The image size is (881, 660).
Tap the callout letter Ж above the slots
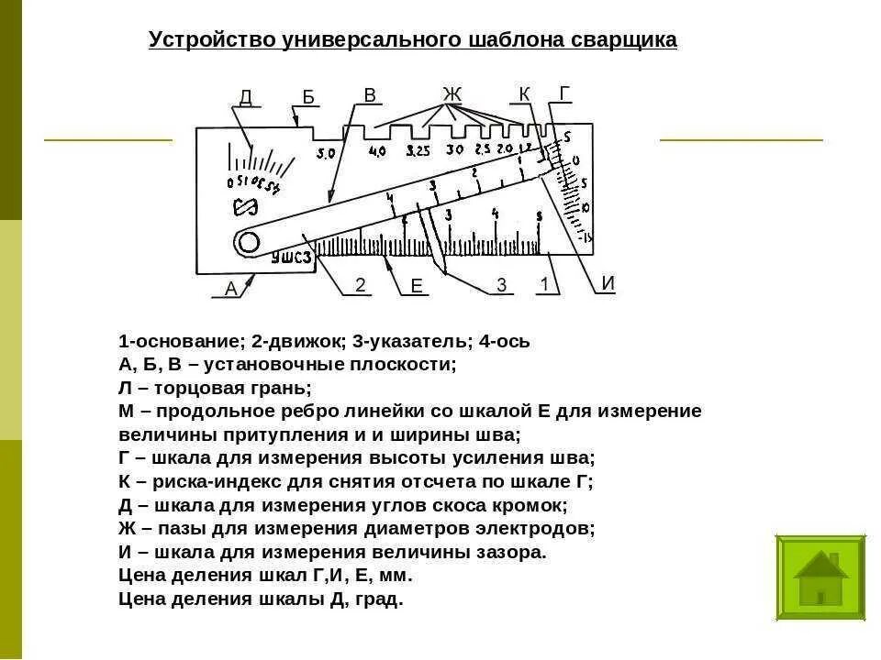point(452,93)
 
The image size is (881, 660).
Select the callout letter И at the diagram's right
point(608,282)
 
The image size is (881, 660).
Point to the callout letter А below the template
point(230,289)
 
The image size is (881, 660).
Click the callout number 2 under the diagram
point(361,285)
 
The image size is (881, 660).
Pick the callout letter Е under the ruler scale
point(417,287)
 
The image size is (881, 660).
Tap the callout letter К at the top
point(524,93)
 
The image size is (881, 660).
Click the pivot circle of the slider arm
point(248,242)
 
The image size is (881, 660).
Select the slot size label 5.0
point(326,153)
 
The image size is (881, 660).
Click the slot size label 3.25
point(418,151)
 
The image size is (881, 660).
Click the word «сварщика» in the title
point(624,40)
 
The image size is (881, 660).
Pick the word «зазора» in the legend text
point(512,553)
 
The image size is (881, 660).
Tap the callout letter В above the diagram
point(370,95)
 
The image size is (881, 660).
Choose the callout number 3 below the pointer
point(501,285)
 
